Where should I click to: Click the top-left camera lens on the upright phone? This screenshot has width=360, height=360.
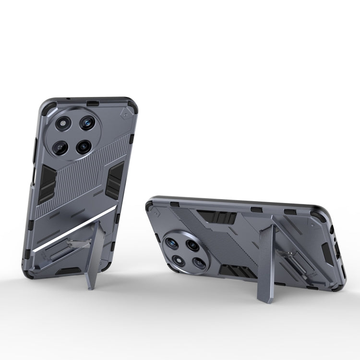click(63, 123)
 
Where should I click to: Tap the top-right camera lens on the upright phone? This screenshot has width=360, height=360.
click(87, 123)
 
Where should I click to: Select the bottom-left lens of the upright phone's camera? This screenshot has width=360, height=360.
click(61, 147)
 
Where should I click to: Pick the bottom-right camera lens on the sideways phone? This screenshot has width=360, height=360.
click(200, 263)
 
